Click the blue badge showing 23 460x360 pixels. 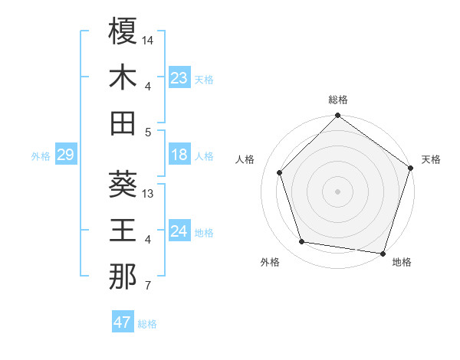179,78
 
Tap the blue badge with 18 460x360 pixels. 179,155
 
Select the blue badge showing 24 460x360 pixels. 179,232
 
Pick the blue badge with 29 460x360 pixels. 65,155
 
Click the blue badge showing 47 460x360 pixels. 123,322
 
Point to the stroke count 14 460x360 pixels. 148,39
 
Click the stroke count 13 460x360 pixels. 148,193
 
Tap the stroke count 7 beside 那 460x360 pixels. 147,286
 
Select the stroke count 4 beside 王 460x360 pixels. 147,240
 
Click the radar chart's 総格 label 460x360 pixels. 337,100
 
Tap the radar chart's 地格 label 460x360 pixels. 402,262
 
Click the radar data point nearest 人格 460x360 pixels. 279,172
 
